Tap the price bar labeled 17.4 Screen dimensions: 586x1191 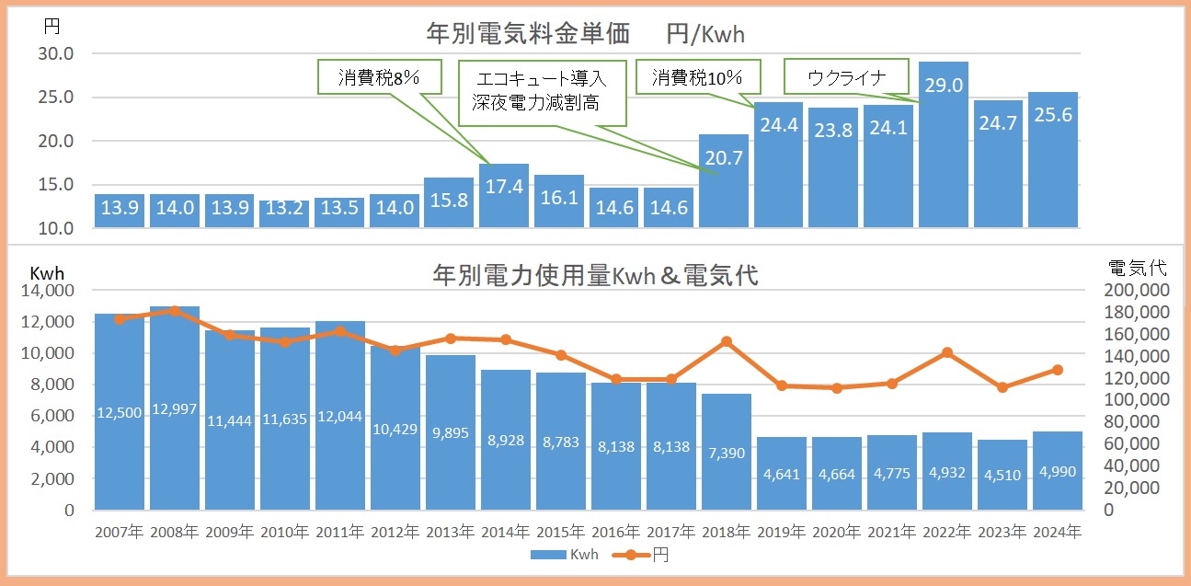click(504, 195)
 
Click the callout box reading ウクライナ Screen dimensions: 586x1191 click(845, 76)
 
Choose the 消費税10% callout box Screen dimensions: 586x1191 click(695, 77)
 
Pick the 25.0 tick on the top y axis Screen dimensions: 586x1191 click(56, 98)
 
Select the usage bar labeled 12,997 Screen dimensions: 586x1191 click(175, 408)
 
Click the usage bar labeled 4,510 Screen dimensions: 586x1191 click(1002, 474)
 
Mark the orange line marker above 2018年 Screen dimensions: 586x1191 click(727, 341)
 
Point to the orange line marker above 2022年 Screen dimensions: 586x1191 click(947, 352)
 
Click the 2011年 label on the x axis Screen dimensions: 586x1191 click(339, 532)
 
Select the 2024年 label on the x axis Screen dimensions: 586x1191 click(1058, 532)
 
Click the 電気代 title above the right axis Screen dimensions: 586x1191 click(1137, 269)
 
